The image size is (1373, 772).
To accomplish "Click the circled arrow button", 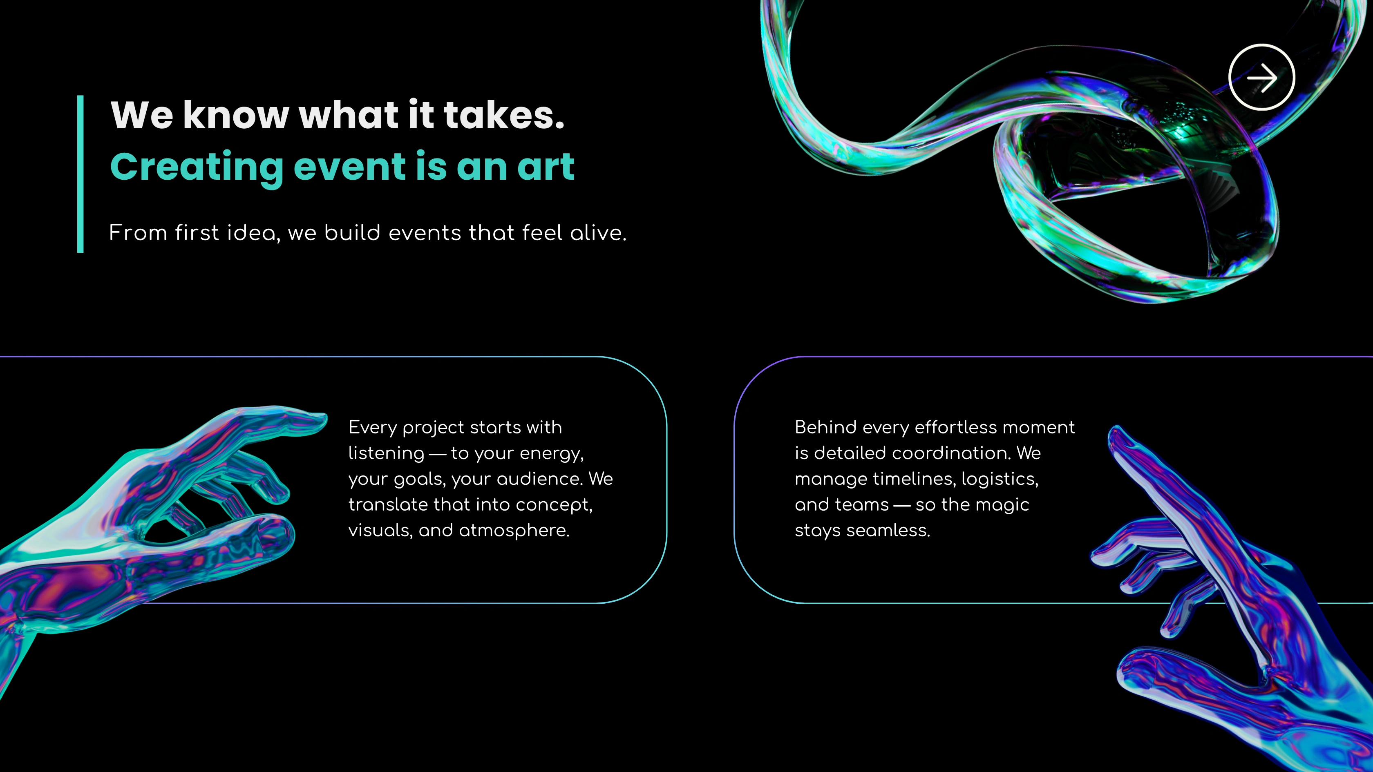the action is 1261,77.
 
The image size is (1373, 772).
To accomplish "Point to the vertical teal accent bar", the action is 81,174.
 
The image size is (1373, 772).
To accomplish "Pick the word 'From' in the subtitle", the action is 138,233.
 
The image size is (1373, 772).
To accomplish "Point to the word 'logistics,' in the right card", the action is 1000,480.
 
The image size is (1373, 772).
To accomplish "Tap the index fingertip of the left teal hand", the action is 322,418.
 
